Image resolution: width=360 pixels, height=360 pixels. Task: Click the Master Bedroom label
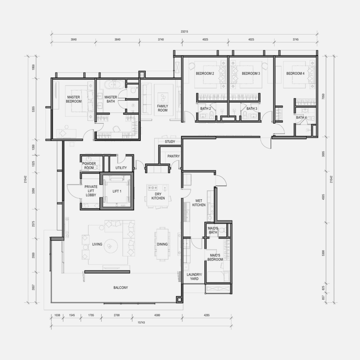click(74, 99)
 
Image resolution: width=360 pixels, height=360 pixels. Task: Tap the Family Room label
click(162, 108)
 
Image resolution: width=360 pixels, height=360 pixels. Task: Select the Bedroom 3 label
click(251, 73)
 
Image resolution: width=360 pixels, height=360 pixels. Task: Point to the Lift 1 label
click(117, 191)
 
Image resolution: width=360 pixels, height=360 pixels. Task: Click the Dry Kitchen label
click(158, 196)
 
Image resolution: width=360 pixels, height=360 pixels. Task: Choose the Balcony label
click(121, 288)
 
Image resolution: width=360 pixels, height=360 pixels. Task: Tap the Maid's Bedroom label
click(215, 257)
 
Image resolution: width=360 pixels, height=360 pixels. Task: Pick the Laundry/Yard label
click(194, 277)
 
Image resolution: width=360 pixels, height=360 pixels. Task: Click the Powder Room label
click(89, 166)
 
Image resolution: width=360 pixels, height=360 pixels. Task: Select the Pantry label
click(174, 156)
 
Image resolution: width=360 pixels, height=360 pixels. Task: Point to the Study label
click(170, 142)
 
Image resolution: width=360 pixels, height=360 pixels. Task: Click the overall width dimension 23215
click(184, 31)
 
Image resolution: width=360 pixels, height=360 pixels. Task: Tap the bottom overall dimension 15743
click(141, 323)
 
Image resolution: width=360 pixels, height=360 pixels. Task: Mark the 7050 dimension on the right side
click(323, 96)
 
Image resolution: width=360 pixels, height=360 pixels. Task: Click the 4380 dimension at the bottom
click(157, 315)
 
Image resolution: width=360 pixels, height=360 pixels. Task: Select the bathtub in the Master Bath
click(114, 85)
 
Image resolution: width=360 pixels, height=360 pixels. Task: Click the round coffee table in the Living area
click(111, 246)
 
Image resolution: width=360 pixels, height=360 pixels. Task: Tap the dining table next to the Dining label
click(162, 244)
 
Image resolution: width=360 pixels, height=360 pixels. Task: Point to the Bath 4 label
click(301, 117)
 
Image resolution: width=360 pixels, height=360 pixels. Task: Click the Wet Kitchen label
click(199, 203)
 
